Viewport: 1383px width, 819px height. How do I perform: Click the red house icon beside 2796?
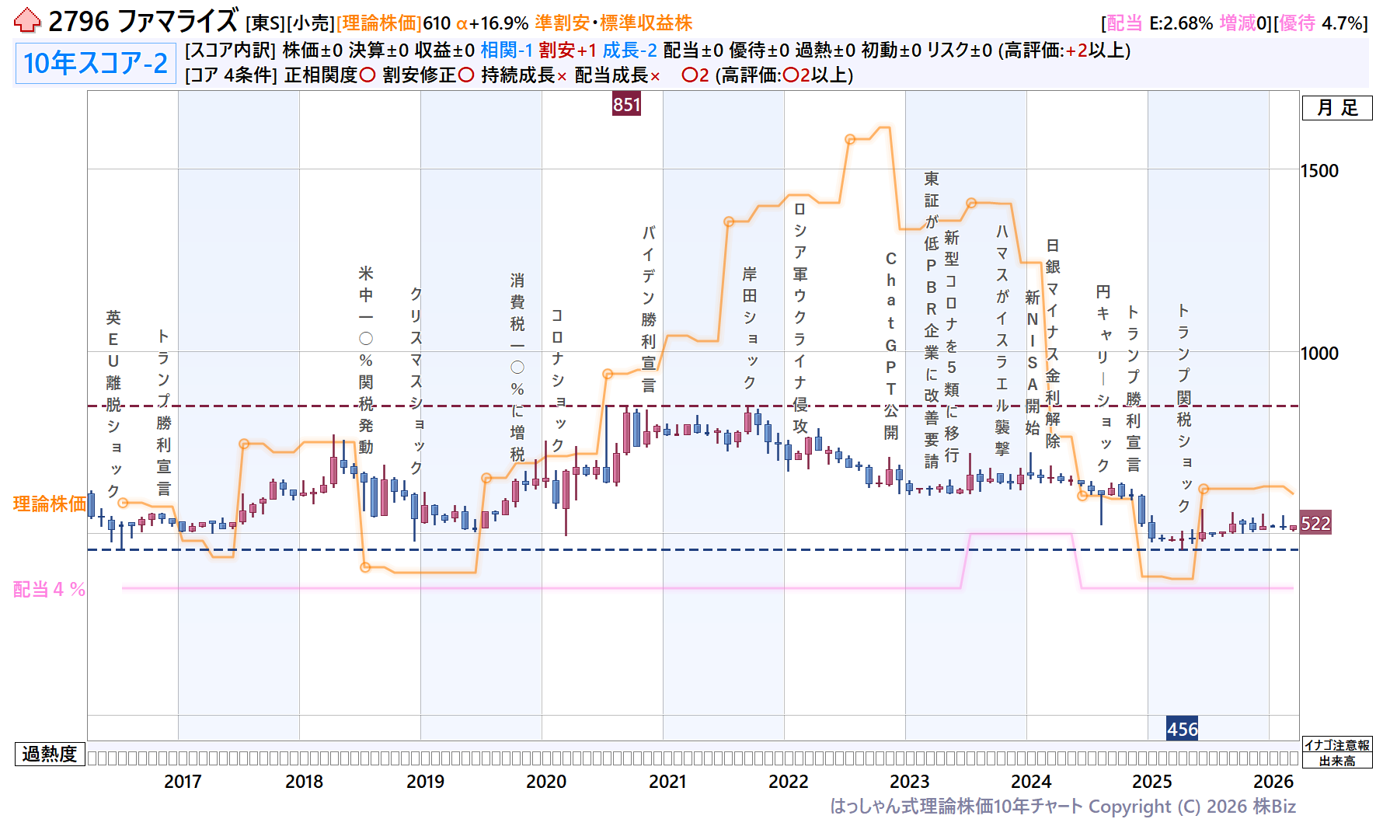pos(27,21)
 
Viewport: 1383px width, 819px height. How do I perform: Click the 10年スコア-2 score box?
pos(95,63)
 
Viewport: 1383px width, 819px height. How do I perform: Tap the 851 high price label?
pos(626,104)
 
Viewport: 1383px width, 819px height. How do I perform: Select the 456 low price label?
pos(1182,729)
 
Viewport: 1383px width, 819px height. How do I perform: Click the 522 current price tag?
pos(1315,523)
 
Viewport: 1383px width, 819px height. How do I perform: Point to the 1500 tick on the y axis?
pos(1319,171)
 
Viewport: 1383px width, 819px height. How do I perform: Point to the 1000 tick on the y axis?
pos(1319,354)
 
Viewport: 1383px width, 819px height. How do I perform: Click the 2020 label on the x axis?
pos(546,781)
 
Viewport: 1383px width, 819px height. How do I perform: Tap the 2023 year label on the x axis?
pos(909,781)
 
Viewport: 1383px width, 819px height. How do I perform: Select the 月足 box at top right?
pos(1337,108)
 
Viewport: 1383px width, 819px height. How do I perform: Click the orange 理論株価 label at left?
pos(49,504)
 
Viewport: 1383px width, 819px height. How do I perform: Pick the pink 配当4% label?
pos(49,589)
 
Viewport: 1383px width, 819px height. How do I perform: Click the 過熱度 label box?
pos(50,754)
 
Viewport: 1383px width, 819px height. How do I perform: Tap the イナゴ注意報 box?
pos(1336,745)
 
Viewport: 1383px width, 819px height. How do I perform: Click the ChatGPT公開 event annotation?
pos(890,345)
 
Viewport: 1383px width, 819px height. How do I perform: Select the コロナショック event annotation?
pos(557,380)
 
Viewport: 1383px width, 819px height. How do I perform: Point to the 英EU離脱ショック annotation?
pos(113,403)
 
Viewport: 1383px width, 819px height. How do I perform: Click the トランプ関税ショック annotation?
pos(1183,407)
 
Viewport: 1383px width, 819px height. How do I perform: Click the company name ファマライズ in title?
pos(178,21)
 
